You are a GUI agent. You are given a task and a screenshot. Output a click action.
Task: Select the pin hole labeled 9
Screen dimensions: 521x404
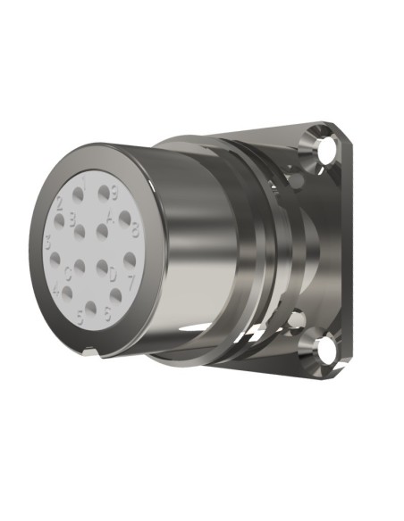click(105, 193)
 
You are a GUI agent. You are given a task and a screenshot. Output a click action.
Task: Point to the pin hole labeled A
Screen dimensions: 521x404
click(102, 231)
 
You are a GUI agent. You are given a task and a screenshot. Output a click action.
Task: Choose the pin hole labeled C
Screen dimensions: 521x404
click(78, 265)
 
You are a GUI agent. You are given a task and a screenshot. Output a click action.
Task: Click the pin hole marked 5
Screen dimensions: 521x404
click(90, 307)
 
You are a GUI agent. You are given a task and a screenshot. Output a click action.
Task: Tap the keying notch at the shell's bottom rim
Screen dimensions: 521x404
click(88, 351)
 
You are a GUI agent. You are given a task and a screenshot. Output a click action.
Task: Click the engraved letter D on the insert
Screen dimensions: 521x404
click(113, 276)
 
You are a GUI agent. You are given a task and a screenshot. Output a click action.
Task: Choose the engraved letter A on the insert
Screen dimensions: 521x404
click(110, 217)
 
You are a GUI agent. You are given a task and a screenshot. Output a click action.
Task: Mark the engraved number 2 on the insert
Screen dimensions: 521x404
click(59, 201)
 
